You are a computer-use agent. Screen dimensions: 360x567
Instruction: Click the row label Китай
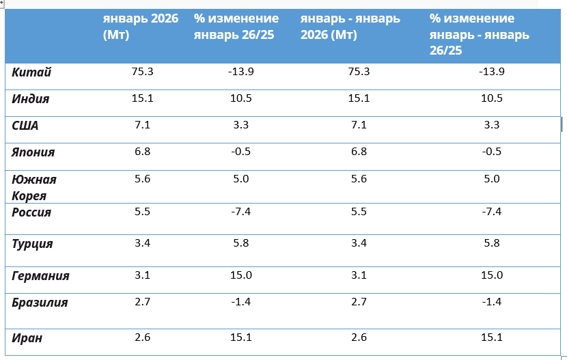32,72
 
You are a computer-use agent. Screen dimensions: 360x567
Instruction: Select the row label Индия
31,99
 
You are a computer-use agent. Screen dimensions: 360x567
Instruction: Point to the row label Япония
33,152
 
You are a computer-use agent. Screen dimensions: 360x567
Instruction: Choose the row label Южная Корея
34,187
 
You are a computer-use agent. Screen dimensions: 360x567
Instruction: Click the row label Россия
31,212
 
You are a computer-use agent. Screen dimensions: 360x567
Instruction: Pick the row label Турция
32,244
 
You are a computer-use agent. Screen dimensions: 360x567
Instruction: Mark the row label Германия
40,276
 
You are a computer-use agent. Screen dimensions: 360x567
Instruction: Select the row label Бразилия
40,302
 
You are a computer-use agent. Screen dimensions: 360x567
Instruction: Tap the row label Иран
28,336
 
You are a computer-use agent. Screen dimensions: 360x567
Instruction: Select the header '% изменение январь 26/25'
236,27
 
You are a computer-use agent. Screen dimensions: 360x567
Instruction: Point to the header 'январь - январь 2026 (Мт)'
350,27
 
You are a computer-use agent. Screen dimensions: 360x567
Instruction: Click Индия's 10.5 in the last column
492,98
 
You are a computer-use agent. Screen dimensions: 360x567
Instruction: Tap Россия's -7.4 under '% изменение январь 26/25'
240,212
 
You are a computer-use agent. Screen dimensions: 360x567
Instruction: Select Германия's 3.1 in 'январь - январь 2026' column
358,275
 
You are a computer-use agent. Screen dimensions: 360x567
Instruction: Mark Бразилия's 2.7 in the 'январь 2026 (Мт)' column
142,302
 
